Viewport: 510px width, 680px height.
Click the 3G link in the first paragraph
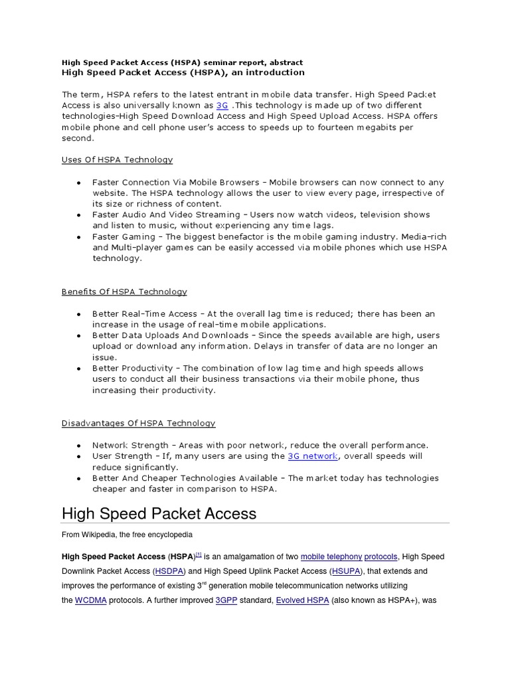(x=222, y=106)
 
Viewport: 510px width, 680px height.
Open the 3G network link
(x=313, y=456)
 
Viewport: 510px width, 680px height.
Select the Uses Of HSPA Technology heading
(x=117, y=160)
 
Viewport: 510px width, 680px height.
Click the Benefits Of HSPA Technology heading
(x=124, y=292)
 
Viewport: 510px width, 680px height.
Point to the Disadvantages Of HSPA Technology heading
(x=138, y=423)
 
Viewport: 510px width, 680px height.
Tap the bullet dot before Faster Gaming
(x=79, y=237)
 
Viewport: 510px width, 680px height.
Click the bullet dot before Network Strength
(x=79, y=446)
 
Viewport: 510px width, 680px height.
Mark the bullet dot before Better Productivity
(x=79, y=369)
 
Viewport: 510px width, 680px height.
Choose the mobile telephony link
(x=331, y=557)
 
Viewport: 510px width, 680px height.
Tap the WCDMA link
(x=90, y=600)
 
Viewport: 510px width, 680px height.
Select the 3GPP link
(x=227, y=600)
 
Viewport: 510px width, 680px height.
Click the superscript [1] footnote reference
(x=199, y=554)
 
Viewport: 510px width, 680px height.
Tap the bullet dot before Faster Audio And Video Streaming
(x=79, y=215)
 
